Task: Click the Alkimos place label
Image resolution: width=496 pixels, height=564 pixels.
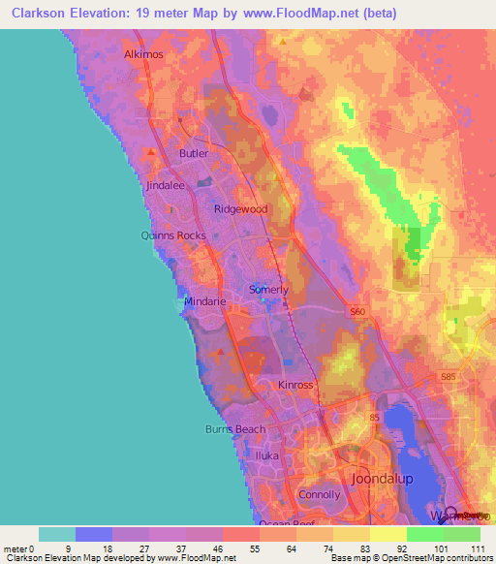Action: [x=144, y=55]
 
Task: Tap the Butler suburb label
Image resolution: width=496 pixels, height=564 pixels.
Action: [x=194, y=153]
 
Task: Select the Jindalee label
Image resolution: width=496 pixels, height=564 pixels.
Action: [x=165, y=184]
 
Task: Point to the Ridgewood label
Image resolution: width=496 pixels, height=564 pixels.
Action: [x=240, y=209]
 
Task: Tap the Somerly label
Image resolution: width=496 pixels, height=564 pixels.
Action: [x=269, y=290]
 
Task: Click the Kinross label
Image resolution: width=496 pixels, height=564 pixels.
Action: [x=296, y=385]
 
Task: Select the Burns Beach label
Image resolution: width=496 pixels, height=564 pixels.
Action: [x=234, y=429]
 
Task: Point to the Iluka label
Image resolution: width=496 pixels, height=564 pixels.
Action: [x=266, y=454]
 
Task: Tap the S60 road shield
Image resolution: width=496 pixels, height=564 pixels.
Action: [x=359, y=311]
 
